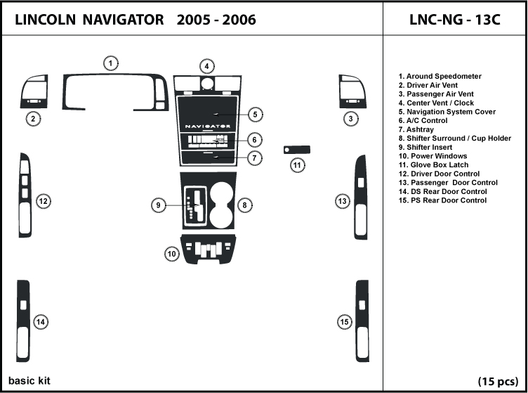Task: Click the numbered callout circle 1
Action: (111, 64)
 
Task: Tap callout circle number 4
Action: (206, 67)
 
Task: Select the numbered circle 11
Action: (298, 165)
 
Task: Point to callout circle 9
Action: (161, 205)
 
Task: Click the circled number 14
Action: (41, 322)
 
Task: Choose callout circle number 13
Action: (343, 202)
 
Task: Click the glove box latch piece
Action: (297, 148)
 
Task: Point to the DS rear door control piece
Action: (25, 322)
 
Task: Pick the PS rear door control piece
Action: (362, 321)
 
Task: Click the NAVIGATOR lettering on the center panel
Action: (208, 126)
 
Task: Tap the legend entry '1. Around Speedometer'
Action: (440, 76)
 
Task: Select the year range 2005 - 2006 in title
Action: (216, 20)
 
